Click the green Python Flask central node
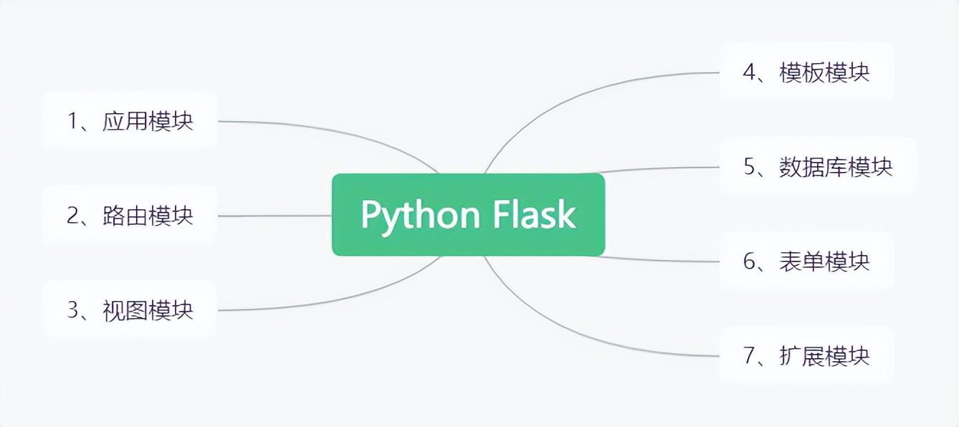[x=468, y=214]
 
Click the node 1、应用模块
[x=130, y=120]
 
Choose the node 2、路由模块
[x=130, y=215]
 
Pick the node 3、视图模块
[x=130, y=310]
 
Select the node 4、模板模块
[x=806, y=72]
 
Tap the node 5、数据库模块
[x=818, y=167]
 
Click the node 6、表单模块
[x=806, y=262]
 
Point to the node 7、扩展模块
[x=806, y=355]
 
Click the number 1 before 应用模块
[x=72, y=121]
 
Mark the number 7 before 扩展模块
[x=750, y=356]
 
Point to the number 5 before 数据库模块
[x=750, y=168]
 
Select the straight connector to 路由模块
[x=272, y=215]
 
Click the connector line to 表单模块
[x=659, y=260]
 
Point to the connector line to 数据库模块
[x=659, y=168]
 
